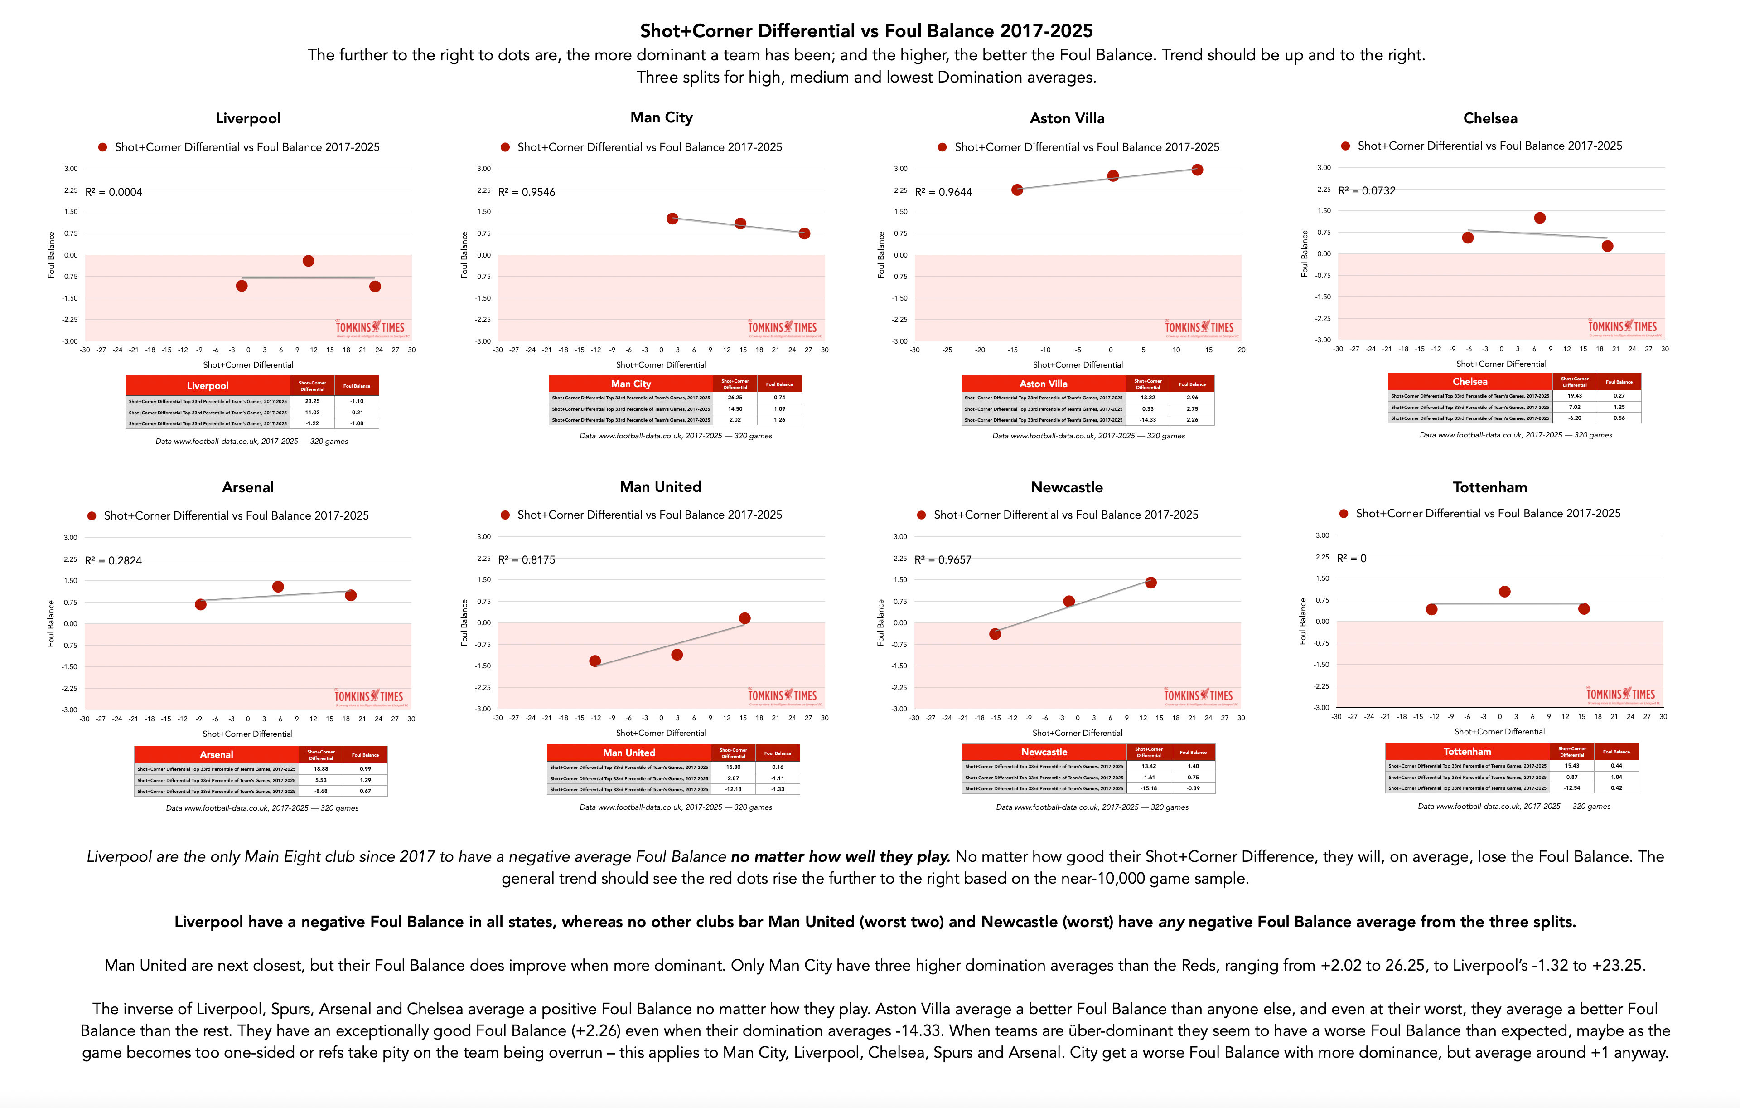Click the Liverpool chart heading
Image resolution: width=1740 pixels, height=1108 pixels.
[x=248, y=118]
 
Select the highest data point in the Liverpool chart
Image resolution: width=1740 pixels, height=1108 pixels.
[x=309, y=261]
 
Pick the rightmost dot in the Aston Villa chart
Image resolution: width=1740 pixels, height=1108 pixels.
[x=1197, y=170]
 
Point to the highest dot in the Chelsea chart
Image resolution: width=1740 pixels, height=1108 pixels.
[x=1540, y=218]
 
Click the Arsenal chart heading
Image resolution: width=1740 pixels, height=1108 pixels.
[x=248, y=487]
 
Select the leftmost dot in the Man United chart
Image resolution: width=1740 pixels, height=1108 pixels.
[x=594, y=661]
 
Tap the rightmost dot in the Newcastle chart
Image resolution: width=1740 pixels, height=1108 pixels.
[x=1151, y=583]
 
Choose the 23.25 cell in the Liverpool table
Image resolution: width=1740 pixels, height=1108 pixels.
[x=312, y=401]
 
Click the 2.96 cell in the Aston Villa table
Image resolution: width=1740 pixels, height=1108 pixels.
[x=1192, y=398]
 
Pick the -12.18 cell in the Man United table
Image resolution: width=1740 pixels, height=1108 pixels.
[x=734, y=789]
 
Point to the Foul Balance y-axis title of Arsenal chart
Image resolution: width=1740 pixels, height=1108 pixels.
[x=51, y=623]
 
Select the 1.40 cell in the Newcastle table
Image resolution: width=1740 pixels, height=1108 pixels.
[x=1193, y=766]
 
